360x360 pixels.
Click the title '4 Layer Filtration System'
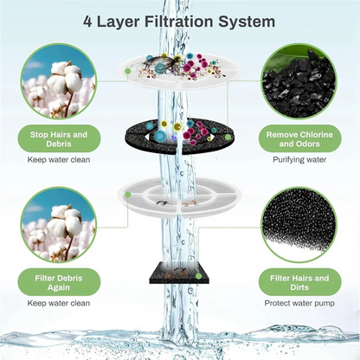tap(180, 20)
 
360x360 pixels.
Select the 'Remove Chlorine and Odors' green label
tap(297, 139)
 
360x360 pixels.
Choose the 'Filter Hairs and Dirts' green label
tap(297, 284)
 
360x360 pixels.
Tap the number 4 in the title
tap(87, 20)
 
